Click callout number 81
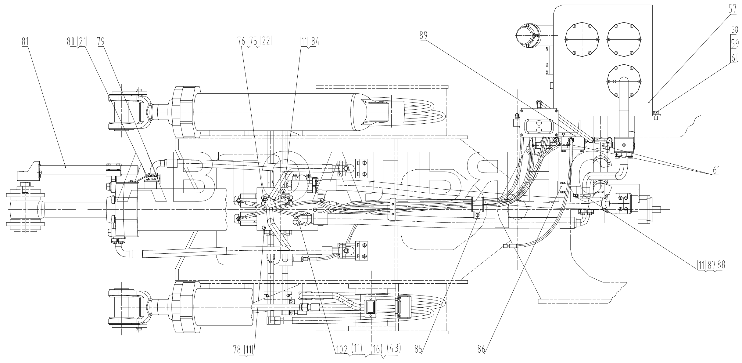click(25, 42)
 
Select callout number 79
click(100, 42)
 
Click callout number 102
click(341, 348)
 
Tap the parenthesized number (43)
click(393, 348)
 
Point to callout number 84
click(315, 42)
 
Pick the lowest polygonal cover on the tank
click(625, 82)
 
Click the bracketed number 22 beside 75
click(265, 42)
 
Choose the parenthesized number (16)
click(377, 348)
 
